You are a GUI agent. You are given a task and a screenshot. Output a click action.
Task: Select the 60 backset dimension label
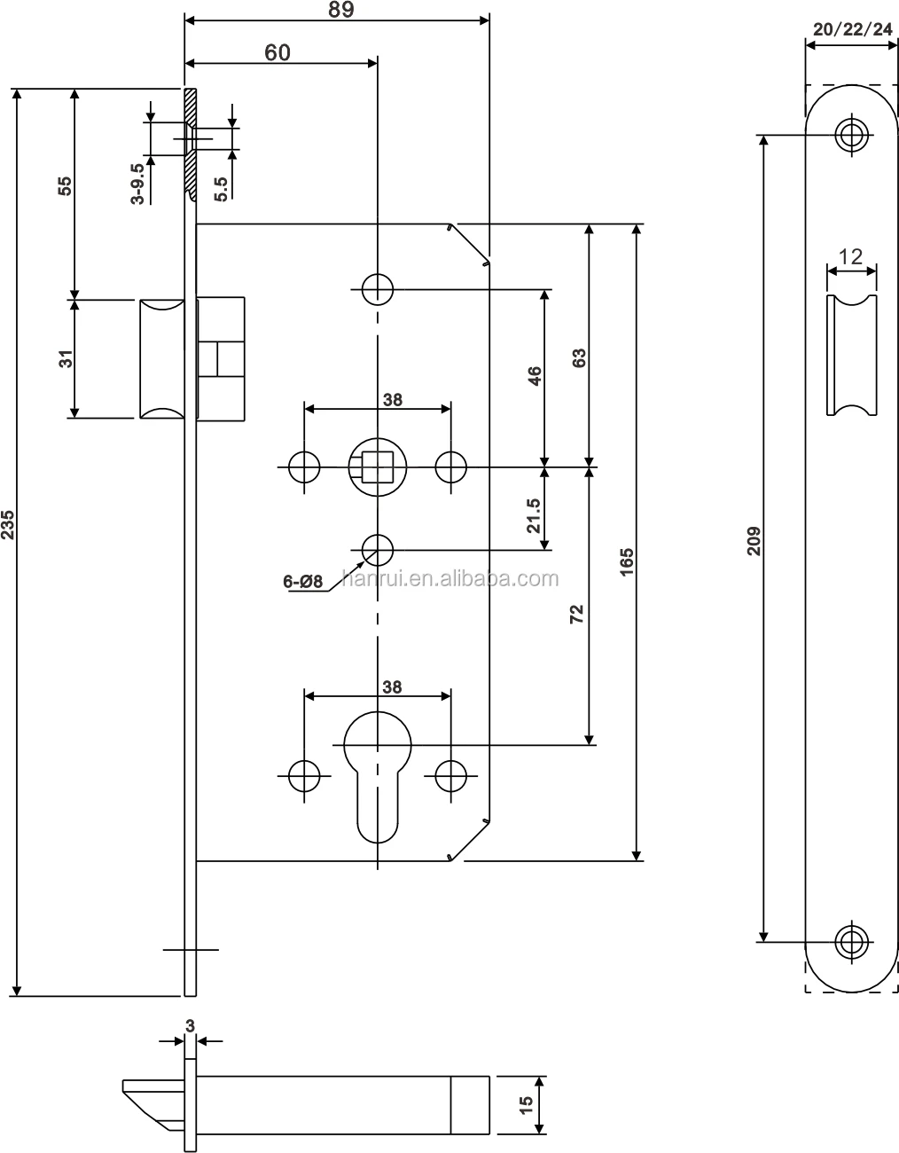coord(277,52)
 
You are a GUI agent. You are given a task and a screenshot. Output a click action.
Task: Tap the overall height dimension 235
coord(8,525)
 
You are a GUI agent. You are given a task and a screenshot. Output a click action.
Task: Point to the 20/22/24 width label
coord(852,29)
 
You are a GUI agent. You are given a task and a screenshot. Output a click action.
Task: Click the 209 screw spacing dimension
coord(754,539)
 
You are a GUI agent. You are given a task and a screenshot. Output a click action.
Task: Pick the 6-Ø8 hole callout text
coord(303,582)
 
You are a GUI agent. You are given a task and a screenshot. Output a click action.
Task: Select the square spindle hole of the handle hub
coord(378,465)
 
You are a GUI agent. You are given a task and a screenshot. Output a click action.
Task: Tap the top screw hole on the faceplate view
coord(852,136)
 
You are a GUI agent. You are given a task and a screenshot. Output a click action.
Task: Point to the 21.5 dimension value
coord(533,514)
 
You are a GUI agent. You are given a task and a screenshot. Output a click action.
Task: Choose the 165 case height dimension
coord(627,562)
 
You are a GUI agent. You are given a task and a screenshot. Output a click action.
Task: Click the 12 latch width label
coord(851,257)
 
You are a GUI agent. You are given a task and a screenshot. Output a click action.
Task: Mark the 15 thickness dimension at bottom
coord(526,1104)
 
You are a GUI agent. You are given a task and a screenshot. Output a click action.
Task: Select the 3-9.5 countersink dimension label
coord(138,184)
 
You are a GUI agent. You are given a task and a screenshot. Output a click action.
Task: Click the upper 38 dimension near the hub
coord(392,399)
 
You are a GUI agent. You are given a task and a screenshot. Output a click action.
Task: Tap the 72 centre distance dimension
coord(577,616)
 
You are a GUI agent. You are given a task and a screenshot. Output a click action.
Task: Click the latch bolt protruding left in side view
coord(161,358)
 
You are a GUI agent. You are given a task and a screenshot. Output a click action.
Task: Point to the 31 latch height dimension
coord(64,358)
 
